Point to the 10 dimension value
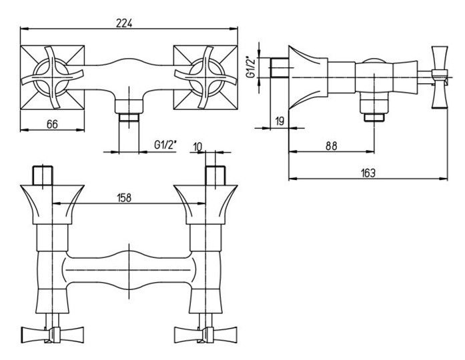(x=197, y=147)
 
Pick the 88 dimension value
(x=331, y=147)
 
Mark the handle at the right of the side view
(x=440, y=77)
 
